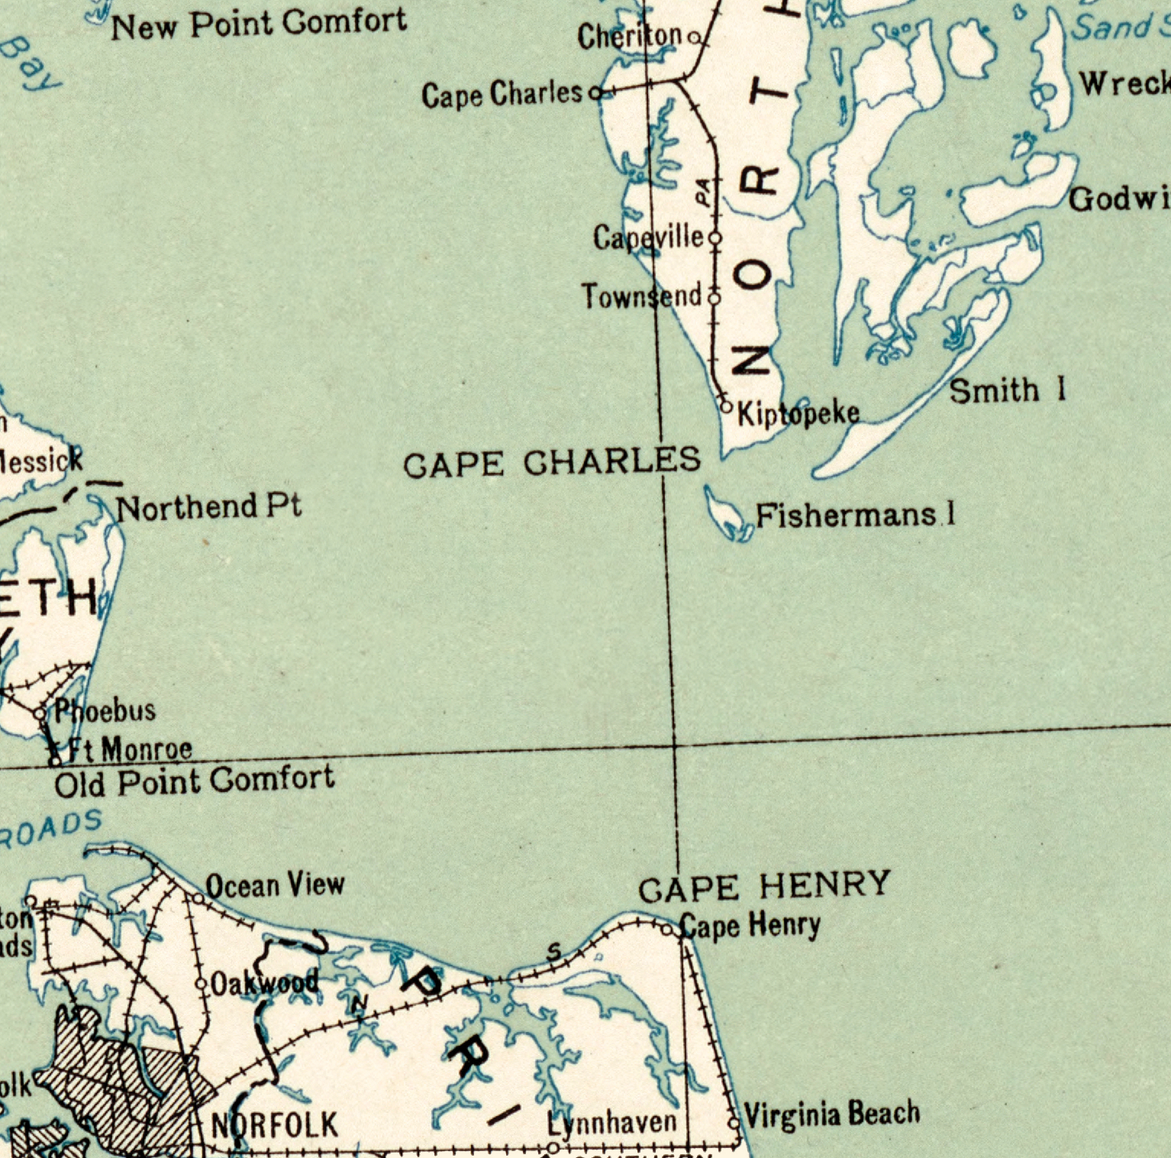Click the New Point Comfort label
[x=259, y=24]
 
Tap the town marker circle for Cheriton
[x=694, y=37]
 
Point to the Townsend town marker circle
[x=715, y=297]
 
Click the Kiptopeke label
[x=798, y=413]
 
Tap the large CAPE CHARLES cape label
[x=551, y=462]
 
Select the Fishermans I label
[x=855, y=516]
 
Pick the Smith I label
[x=1006, y=390]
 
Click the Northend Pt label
[x=208, y=506]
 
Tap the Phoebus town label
[x=105, y=710]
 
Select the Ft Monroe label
[x=130, y=749]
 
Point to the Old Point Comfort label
[x=195, y=781]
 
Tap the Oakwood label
[x=264, y=982]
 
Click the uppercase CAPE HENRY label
[x=764, y=886]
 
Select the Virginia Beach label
[x=831, y=1114]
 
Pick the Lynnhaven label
[x=612, y=1123]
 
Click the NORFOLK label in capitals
[x=274, y=1125]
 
